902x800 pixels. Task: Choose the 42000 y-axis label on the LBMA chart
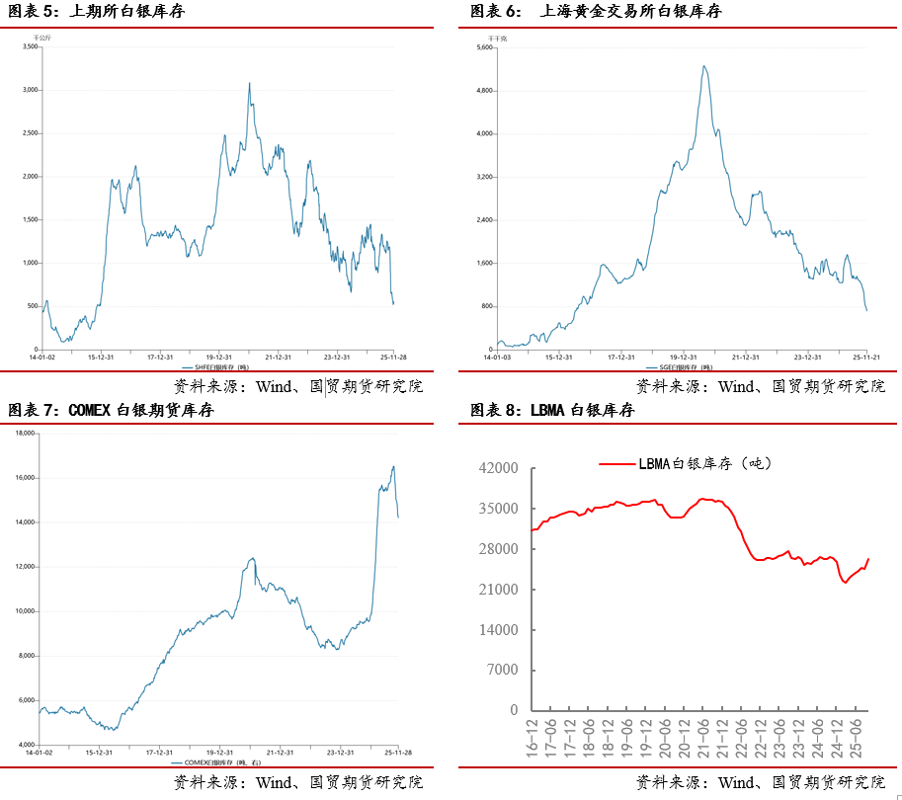click(500, 468)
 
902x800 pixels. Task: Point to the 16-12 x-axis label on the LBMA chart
click(534, 735)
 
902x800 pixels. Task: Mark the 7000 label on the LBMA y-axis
click(504, 671)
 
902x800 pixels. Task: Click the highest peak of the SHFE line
click(249, 83)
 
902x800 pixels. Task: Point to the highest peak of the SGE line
click(703, 66)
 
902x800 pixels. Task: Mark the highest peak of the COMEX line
click(393, 466)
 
